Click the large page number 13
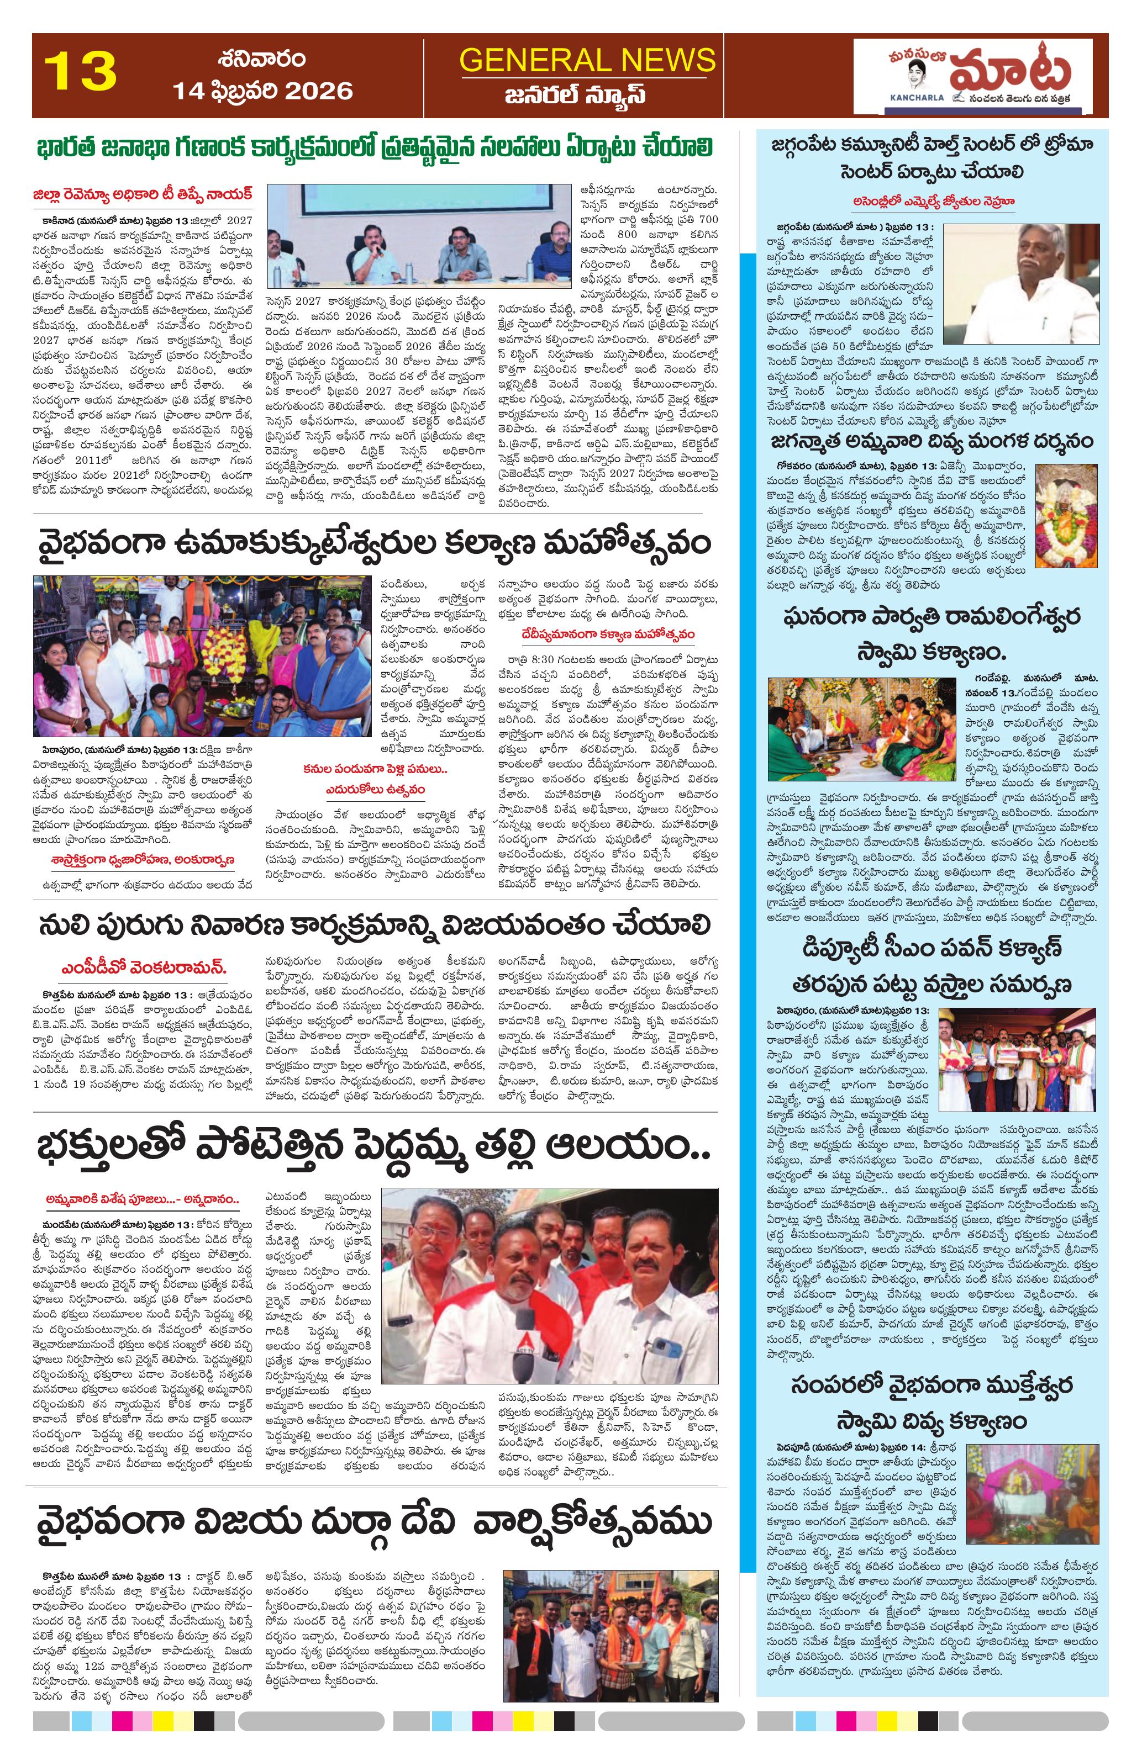pos(81,71)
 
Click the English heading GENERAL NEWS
pos(587,60)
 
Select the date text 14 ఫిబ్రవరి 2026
pos(262,91)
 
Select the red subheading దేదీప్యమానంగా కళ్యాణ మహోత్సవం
pos(606,633)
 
